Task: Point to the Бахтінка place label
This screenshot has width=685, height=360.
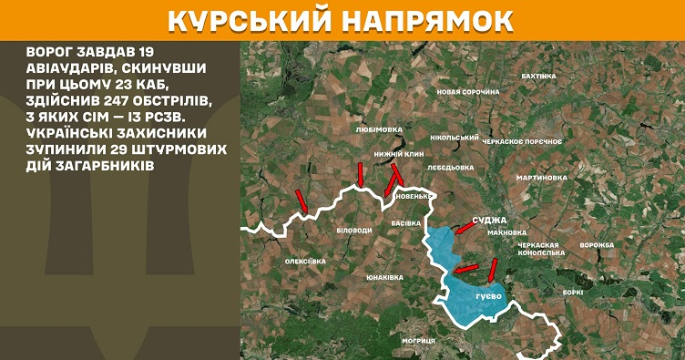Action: coord(537,76)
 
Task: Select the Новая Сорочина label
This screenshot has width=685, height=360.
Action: coord(468,92)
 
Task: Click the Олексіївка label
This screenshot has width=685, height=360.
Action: coord(305,262)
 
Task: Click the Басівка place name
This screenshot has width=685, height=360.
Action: coord(405,222)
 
